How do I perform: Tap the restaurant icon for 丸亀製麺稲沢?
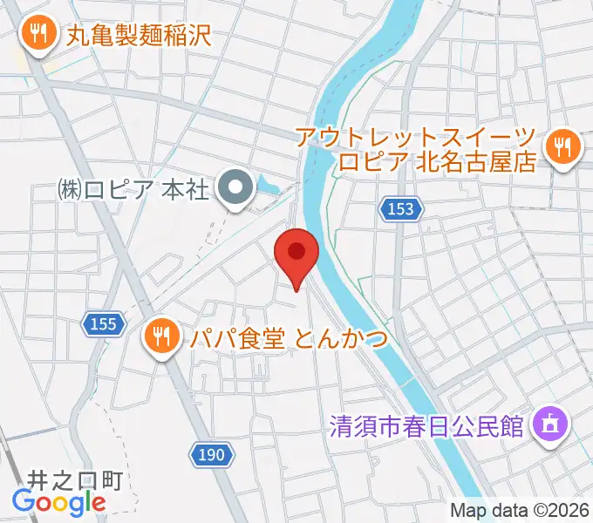click(37, 35)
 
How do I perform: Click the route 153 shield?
click(401, 209)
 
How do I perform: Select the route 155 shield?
click(103, 324)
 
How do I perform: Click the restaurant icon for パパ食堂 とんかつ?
click(160, 335)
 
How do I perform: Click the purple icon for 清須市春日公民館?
click(551, 426)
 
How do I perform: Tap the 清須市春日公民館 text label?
click(426, 427)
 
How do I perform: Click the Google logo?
click(58, 502)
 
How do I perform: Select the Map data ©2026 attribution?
click(518, 510)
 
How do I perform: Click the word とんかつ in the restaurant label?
click(340, 336)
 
